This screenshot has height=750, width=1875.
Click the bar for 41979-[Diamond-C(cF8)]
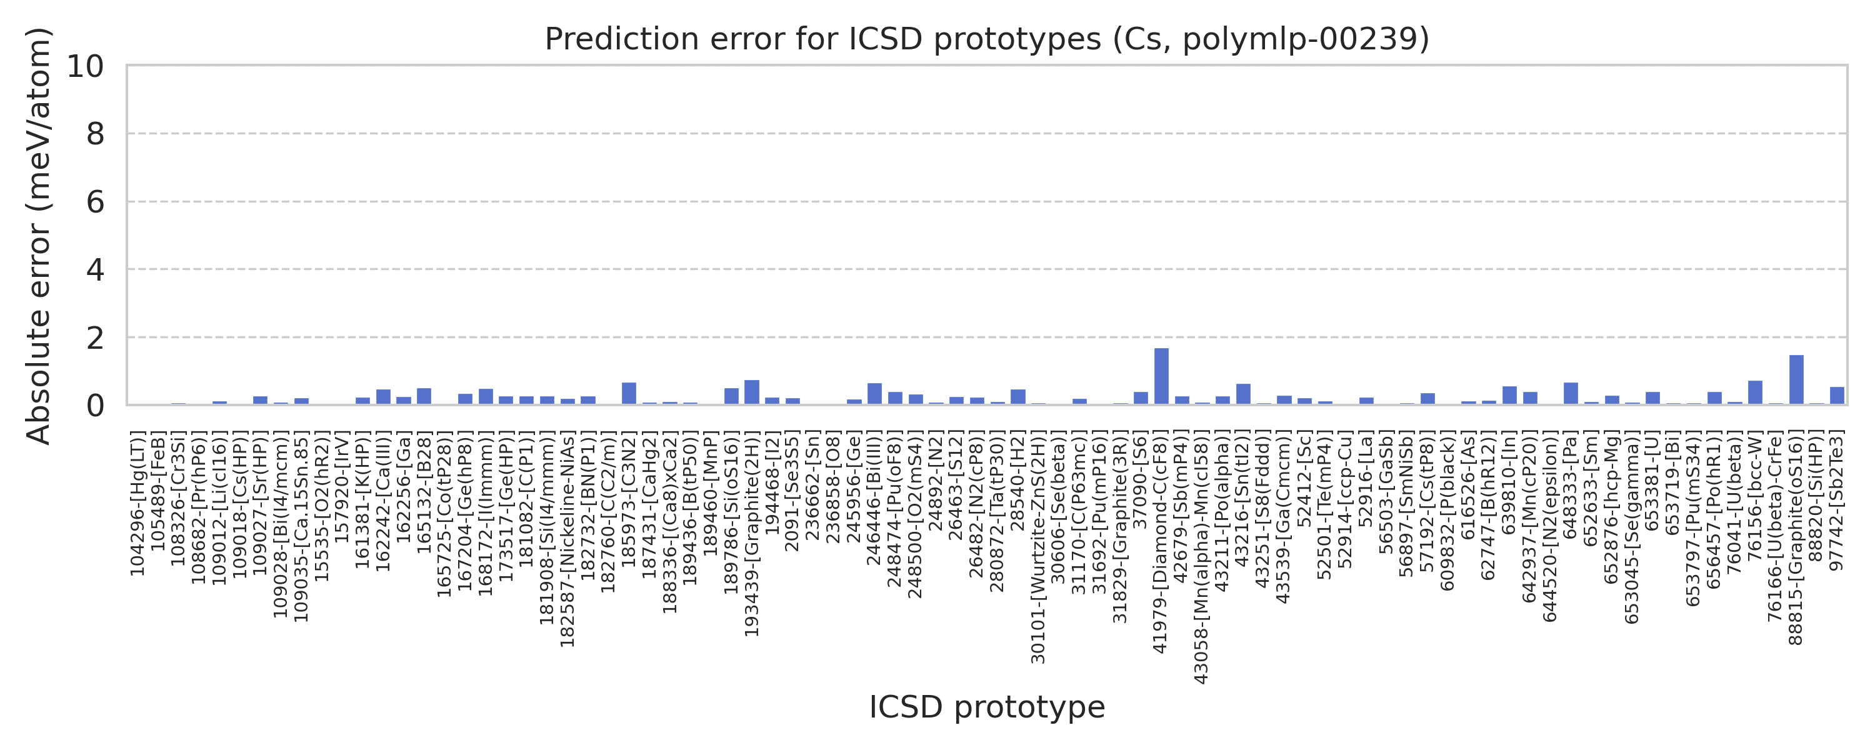tap(1161, 376)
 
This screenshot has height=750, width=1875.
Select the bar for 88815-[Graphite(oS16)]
tap(1796, 379)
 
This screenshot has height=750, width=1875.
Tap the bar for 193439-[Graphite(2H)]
tap(752, 392)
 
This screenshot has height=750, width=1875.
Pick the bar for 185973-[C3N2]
tap(629, 393)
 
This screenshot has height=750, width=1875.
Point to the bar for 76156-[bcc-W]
tap(1755, 392)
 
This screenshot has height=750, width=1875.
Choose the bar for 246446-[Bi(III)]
tap(874, 393)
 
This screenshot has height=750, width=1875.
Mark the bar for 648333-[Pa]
tap(1571, 393)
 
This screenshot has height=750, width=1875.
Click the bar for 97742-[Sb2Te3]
tap(1837, 396)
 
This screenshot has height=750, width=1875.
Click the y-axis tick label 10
tap(85, 66)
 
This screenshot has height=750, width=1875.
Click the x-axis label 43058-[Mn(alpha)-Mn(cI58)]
tap(1202, 557)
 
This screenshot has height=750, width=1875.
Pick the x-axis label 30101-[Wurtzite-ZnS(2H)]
tap(1038, 547)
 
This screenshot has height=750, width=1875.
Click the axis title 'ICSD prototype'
tap(986, 707)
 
